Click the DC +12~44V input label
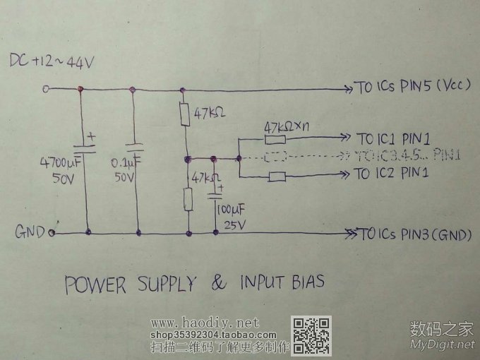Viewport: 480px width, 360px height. [51, 63]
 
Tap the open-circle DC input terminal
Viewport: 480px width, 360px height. [46, 89]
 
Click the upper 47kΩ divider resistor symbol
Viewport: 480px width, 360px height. [184, 114]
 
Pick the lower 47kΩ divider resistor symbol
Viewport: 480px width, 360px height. [188, 199]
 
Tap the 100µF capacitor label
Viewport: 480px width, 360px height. [232, 211]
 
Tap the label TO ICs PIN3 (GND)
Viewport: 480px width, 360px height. [414, 234]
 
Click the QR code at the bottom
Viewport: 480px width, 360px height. [311, 336]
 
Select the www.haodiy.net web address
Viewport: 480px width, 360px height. [200, 323]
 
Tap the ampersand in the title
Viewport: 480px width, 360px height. [220, 283]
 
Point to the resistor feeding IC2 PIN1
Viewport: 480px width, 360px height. [277, 177]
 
